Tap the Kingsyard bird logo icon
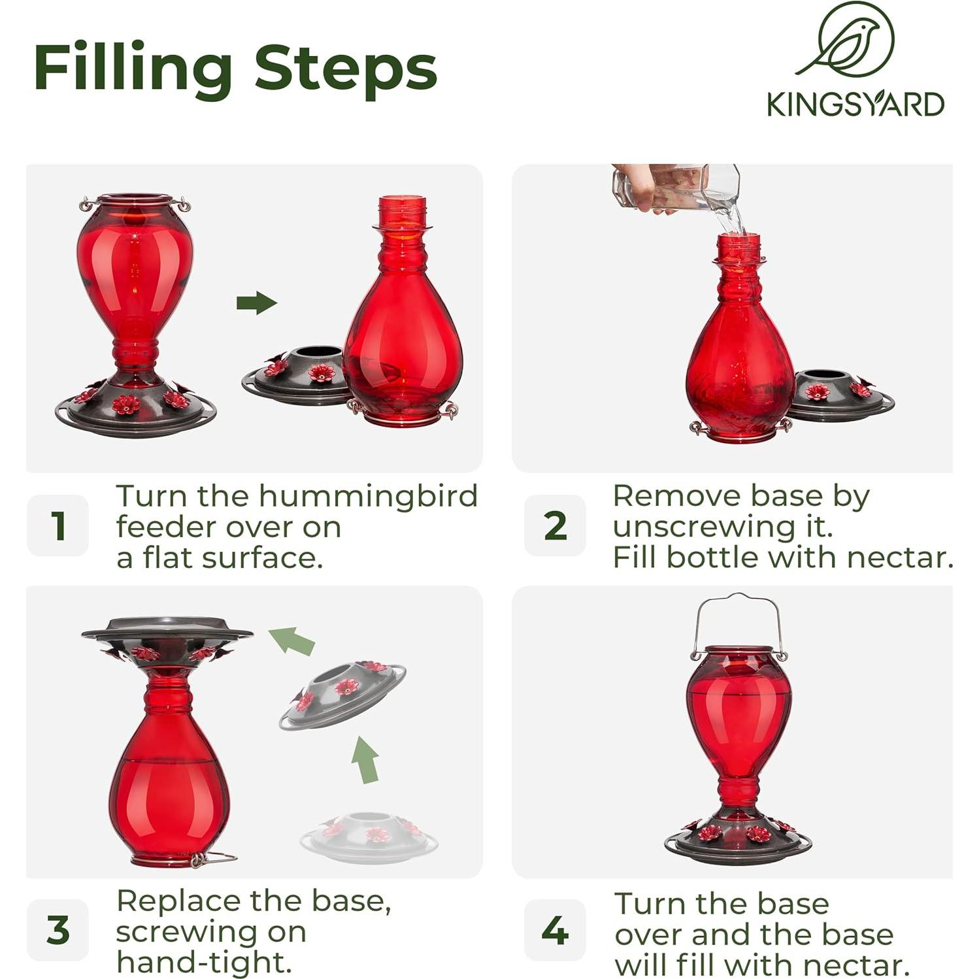[845, 40]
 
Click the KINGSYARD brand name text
[855, 105]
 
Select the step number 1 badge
[58, 525]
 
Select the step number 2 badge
[555, 525]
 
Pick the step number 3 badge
[58, 929]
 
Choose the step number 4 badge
[555, 929]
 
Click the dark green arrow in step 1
[257, 303]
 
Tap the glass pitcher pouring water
[676, 189]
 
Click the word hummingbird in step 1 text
[369, 497]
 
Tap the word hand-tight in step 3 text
[203, 962]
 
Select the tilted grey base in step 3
[342, 695]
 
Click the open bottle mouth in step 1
[403, 199]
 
